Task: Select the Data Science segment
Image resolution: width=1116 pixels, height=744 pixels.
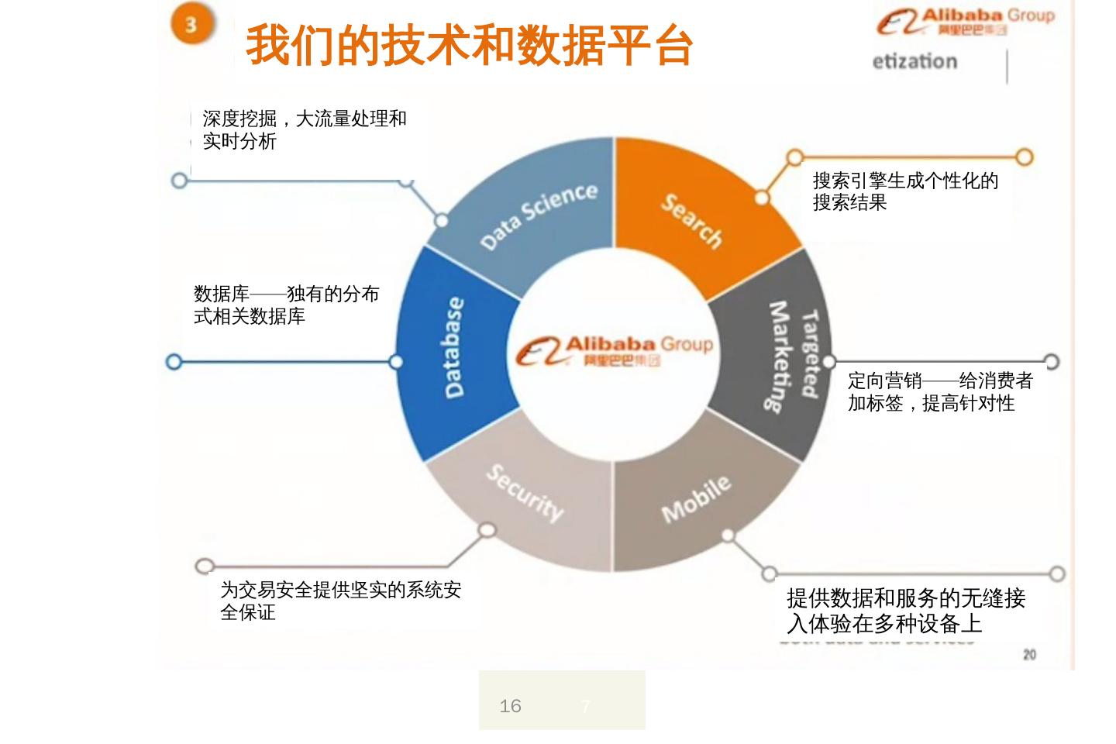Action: click(538, 216)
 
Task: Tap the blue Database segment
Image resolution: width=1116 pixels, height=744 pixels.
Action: click(455, 348)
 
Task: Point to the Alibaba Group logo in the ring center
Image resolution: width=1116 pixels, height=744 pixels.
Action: click(614, 351)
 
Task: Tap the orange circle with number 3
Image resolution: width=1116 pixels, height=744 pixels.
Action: click(191, 24)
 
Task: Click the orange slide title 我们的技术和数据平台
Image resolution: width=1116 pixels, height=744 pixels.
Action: click(469, 45)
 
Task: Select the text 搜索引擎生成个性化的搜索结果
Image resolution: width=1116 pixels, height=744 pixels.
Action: click(905, 191)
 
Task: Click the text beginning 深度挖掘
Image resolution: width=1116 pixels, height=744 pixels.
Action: click(304, 129)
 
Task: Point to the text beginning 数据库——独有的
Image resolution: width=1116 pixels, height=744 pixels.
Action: click(286, 305)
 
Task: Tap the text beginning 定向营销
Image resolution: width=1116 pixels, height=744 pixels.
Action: click(940, 391)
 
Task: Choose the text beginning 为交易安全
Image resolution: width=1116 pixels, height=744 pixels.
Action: click(340, 601)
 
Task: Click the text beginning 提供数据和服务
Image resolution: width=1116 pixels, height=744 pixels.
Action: click(905, 611)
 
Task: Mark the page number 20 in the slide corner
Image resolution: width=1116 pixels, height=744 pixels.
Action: click(1029, 655)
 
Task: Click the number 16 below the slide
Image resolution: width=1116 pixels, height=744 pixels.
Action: click(510, 706)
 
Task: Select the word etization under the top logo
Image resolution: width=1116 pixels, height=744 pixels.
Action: click(914, 62)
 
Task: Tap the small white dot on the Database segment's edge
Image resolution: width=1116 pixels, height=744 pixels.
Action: click(396, 362)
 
